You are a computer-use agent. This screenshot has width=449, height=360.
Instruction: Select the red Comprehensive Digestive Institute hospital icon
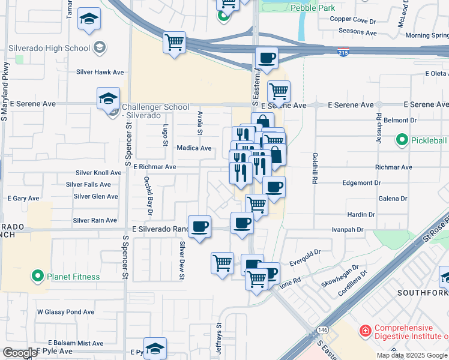(364, 331)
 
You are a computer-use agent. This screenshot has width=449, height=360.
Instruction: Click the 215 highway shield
(343, 53)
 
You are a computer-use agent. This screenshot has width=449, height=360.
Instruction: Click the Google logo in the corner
(20, 353)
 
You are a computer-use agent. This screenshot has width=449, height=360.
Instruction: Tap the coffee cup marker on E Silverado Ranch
(199, 227)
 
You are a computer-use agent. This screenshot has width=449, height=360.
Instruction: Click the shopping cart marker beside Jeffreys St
(222, 263)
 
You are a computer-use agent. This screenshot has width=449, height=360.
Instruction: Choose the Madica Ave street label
(194, 148)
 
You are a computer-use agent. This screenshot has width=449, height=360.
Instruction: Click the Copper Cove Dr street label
(352, 19)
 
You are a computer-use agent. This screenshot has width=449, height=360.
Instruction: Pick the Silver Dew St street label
(181, 260)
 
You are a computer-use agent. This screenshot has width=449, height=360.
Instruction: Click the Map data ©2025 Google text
(412, 355)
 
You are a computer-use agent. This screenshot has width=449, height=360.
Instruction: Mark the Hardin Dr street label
(361, 214)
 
